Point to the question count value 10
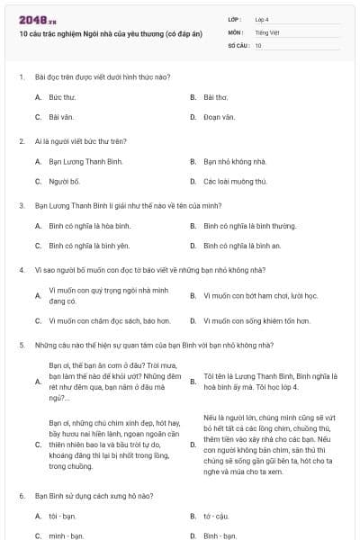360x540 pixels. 258,45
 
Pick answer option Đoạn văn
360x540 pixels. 219,117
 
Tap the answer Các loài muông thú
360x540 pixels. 235,181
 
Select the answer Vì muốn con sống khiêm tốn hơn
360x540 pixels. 256,319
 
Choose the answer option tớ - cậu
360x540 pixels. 217,516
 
